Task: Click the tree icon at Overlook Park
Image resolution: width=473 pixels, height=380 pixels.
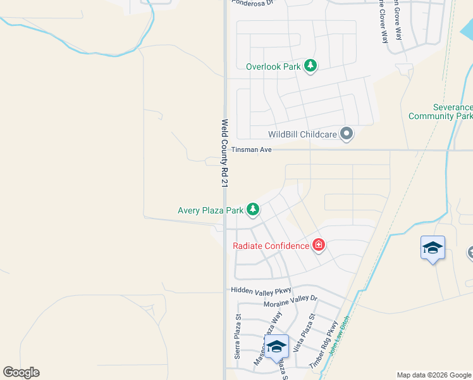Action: coord(310,65)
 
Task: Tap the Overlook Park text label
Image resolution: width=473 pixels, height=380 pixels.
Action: coord(274,66)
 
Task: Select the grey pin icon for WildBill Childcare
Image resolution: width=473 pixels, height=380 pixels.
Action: coord(346,134)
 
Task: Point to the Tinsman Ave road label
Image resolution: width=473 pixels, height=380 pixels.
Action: coord(251,149)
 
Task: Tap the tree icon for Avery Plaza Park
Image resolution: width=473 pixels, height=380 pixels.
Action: coord(253,208)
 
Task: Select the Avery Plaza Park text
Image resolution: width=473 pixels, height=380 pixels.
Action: coord(211,209)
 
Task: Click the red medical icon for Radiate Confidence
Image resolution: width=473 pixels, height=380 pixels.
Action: coord(318,245)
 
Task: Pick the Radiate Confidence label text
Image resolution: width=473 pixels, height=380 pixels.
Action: coord(271,246)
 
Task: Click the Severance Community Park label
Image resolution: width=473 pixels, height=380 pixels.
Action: coord(441,112)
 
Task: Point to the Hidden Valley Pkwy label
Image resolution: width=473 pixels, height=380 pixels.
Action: coord(260,290)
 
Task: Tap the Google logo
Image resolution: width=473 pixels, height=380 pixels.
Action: coord(21,372)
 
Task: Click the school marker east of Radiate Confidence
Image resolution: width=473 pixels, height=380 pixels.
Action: coord(433,248)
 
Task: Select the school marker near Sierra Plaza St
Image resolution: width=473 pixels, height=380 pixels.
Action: coord(276,346)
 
